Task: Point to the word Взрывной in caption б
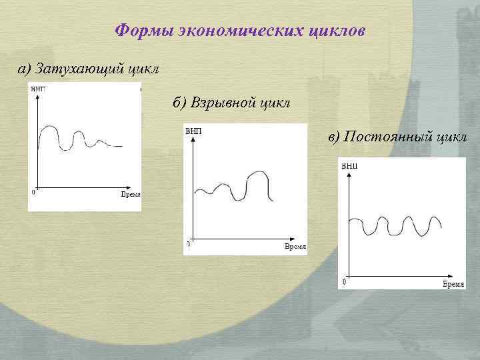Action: coord(223,103)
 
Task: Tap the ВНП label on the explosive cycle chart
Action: coord(194,131)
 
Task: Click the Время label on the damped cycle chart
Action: coord(130,194)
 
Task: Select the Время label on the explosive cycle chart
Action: coord(295,247)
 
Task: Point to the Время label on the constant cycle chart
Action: coord(453,284)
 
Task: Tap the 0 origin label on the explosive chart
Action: coord(188,245)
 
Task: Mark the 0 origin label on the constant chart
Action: coord(344,283)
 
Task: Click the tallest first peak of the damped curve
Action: coord(48,125)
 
